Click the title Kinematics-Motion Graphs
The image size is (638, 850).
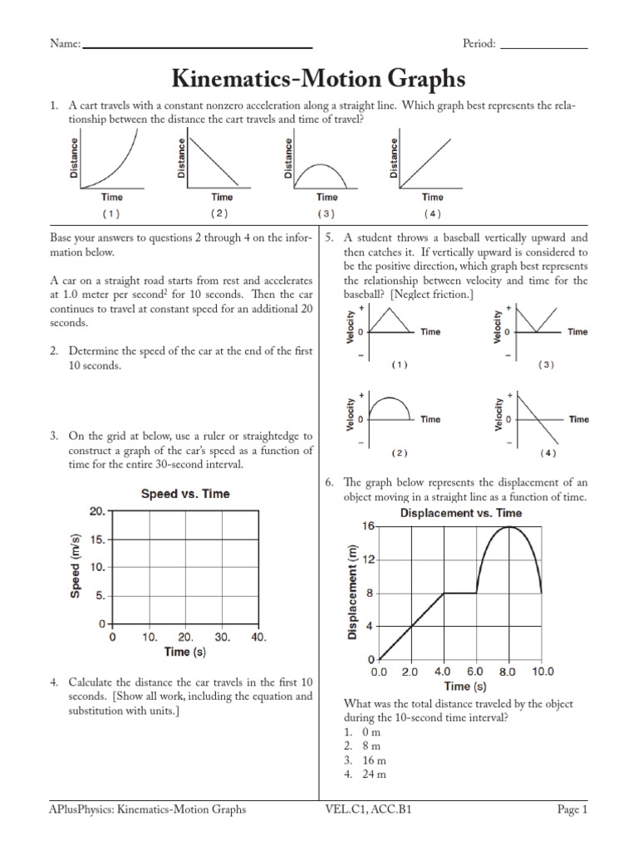click(x=318, y=79)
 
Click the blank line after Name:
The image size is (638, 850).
click(x=197, y=46)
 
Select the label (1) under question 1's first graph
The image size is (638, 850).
click(x=111, y=213)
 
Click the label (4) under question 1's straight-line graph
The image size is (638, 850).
click(x=432, y=213)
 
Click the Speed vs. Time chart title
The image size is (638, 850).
click(x=185, y=493)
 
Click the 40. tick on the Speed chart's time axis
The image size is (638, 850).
click(x=258, y=637)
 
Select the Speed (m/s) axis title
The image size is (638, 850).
click(x=76, y=566)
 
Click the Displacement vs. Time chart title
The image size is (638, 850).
click(x=461, y=513)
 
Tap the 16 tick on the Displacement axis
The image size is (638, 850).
click(x=367, y=526)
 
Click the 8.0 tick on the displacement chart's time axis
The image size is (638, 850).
click(x=508, y=672)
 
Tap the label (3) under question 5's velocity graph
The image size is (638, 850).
click(x=545, y=364)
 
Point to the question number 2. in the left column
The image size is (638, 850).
click(x=54, y=351)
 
